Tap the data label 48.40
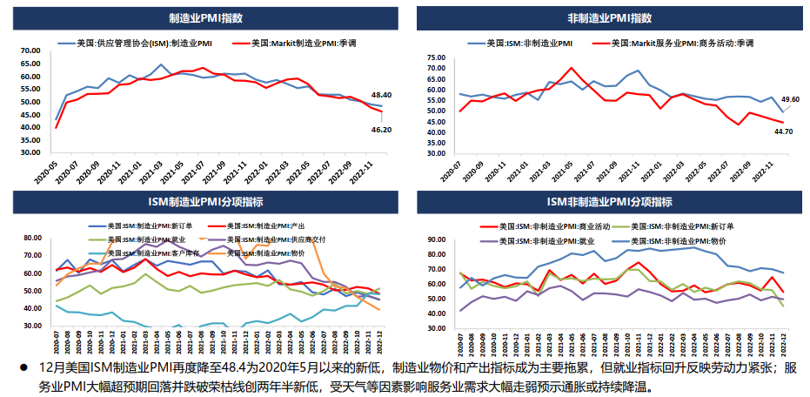pos(381,94)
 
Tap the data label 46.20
pos(381,129)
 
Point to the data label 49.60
pos(790,100)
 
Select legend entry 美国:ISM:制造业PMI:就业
pos(144,239)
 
